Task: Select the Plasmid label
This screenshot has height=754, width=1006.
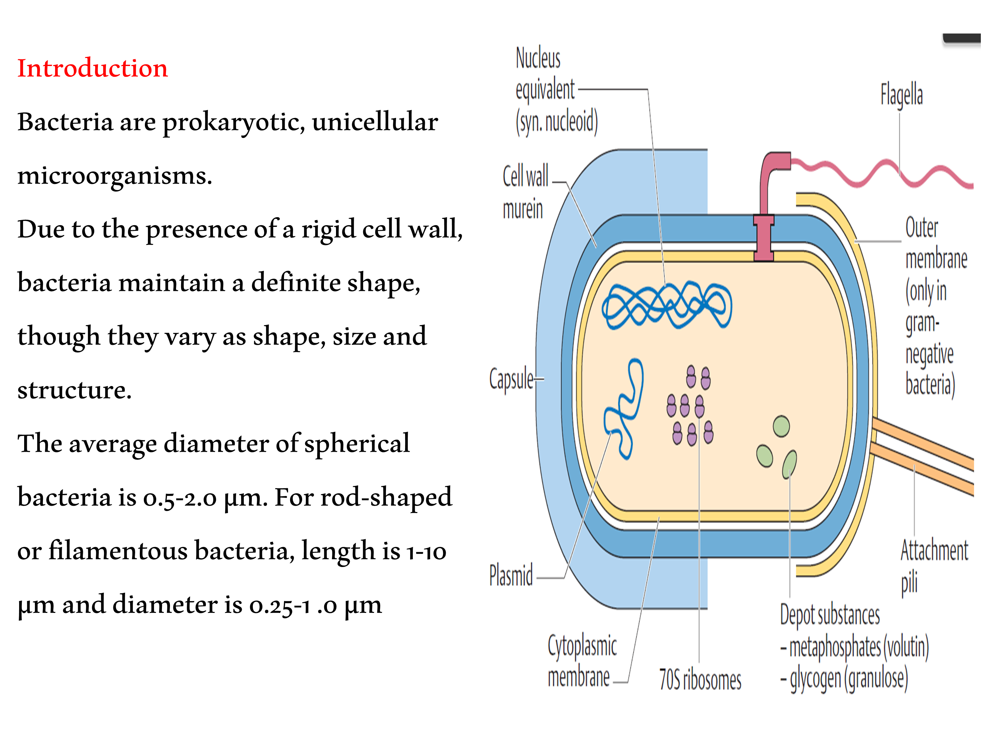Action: pyautogui.click(x=511, y=575)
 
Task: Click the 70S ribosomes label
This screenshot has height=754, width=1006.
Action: pyautogui.click(x=700, y=680)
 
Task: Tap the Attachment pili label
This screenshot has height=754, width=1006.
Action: pyautogui.click(x=933, y=566)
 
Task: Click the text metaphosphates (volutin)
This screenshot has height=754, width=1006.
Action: pyautogui.click(x=858, y=647)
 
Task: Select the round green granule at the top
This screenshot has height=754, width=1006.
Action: pyautogui.click(x=781, y=426)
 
